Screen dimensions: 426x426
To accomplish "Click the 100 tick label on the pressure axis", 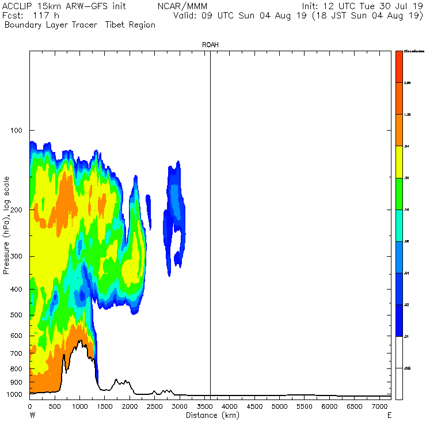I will (16, 131).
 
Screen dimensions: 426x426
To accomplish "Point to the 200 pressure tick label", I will (16, 209).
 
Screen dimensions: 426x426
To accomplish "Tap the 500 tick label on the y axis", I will (16, 315).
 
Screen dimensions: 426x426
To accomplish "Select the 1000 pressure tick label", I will (14, 395).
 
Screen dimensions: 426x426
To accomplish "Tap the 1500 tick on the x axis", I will (105, 407).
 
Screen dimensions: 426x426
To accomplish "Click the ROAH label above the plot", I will (210, 44).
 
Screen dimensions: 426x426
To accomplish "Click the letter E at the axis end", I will (389, 415).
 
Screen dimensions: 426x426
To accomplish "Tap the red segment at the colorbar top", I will (399, 67).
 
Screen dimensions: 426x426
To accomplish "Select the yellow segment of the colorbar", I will (399, 162).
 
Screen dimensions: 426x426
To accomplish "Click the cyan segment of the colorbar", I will (399, 226).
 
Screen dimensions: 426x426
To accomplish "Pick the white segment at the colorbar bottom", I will (399, 367).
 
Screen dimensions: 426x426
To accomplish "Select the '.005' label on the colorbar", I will (408, 367).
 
